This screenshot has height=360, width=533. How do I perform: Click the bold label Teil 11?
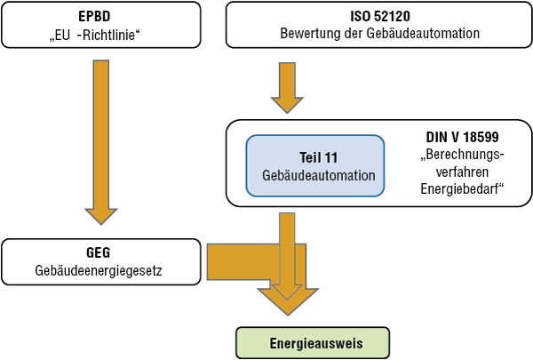point(314,157)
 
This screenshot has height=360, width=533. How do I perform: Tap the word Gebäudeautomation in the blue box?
point(314,176)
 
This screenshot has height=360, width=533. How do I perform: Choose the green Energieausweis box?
point(312,342)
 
